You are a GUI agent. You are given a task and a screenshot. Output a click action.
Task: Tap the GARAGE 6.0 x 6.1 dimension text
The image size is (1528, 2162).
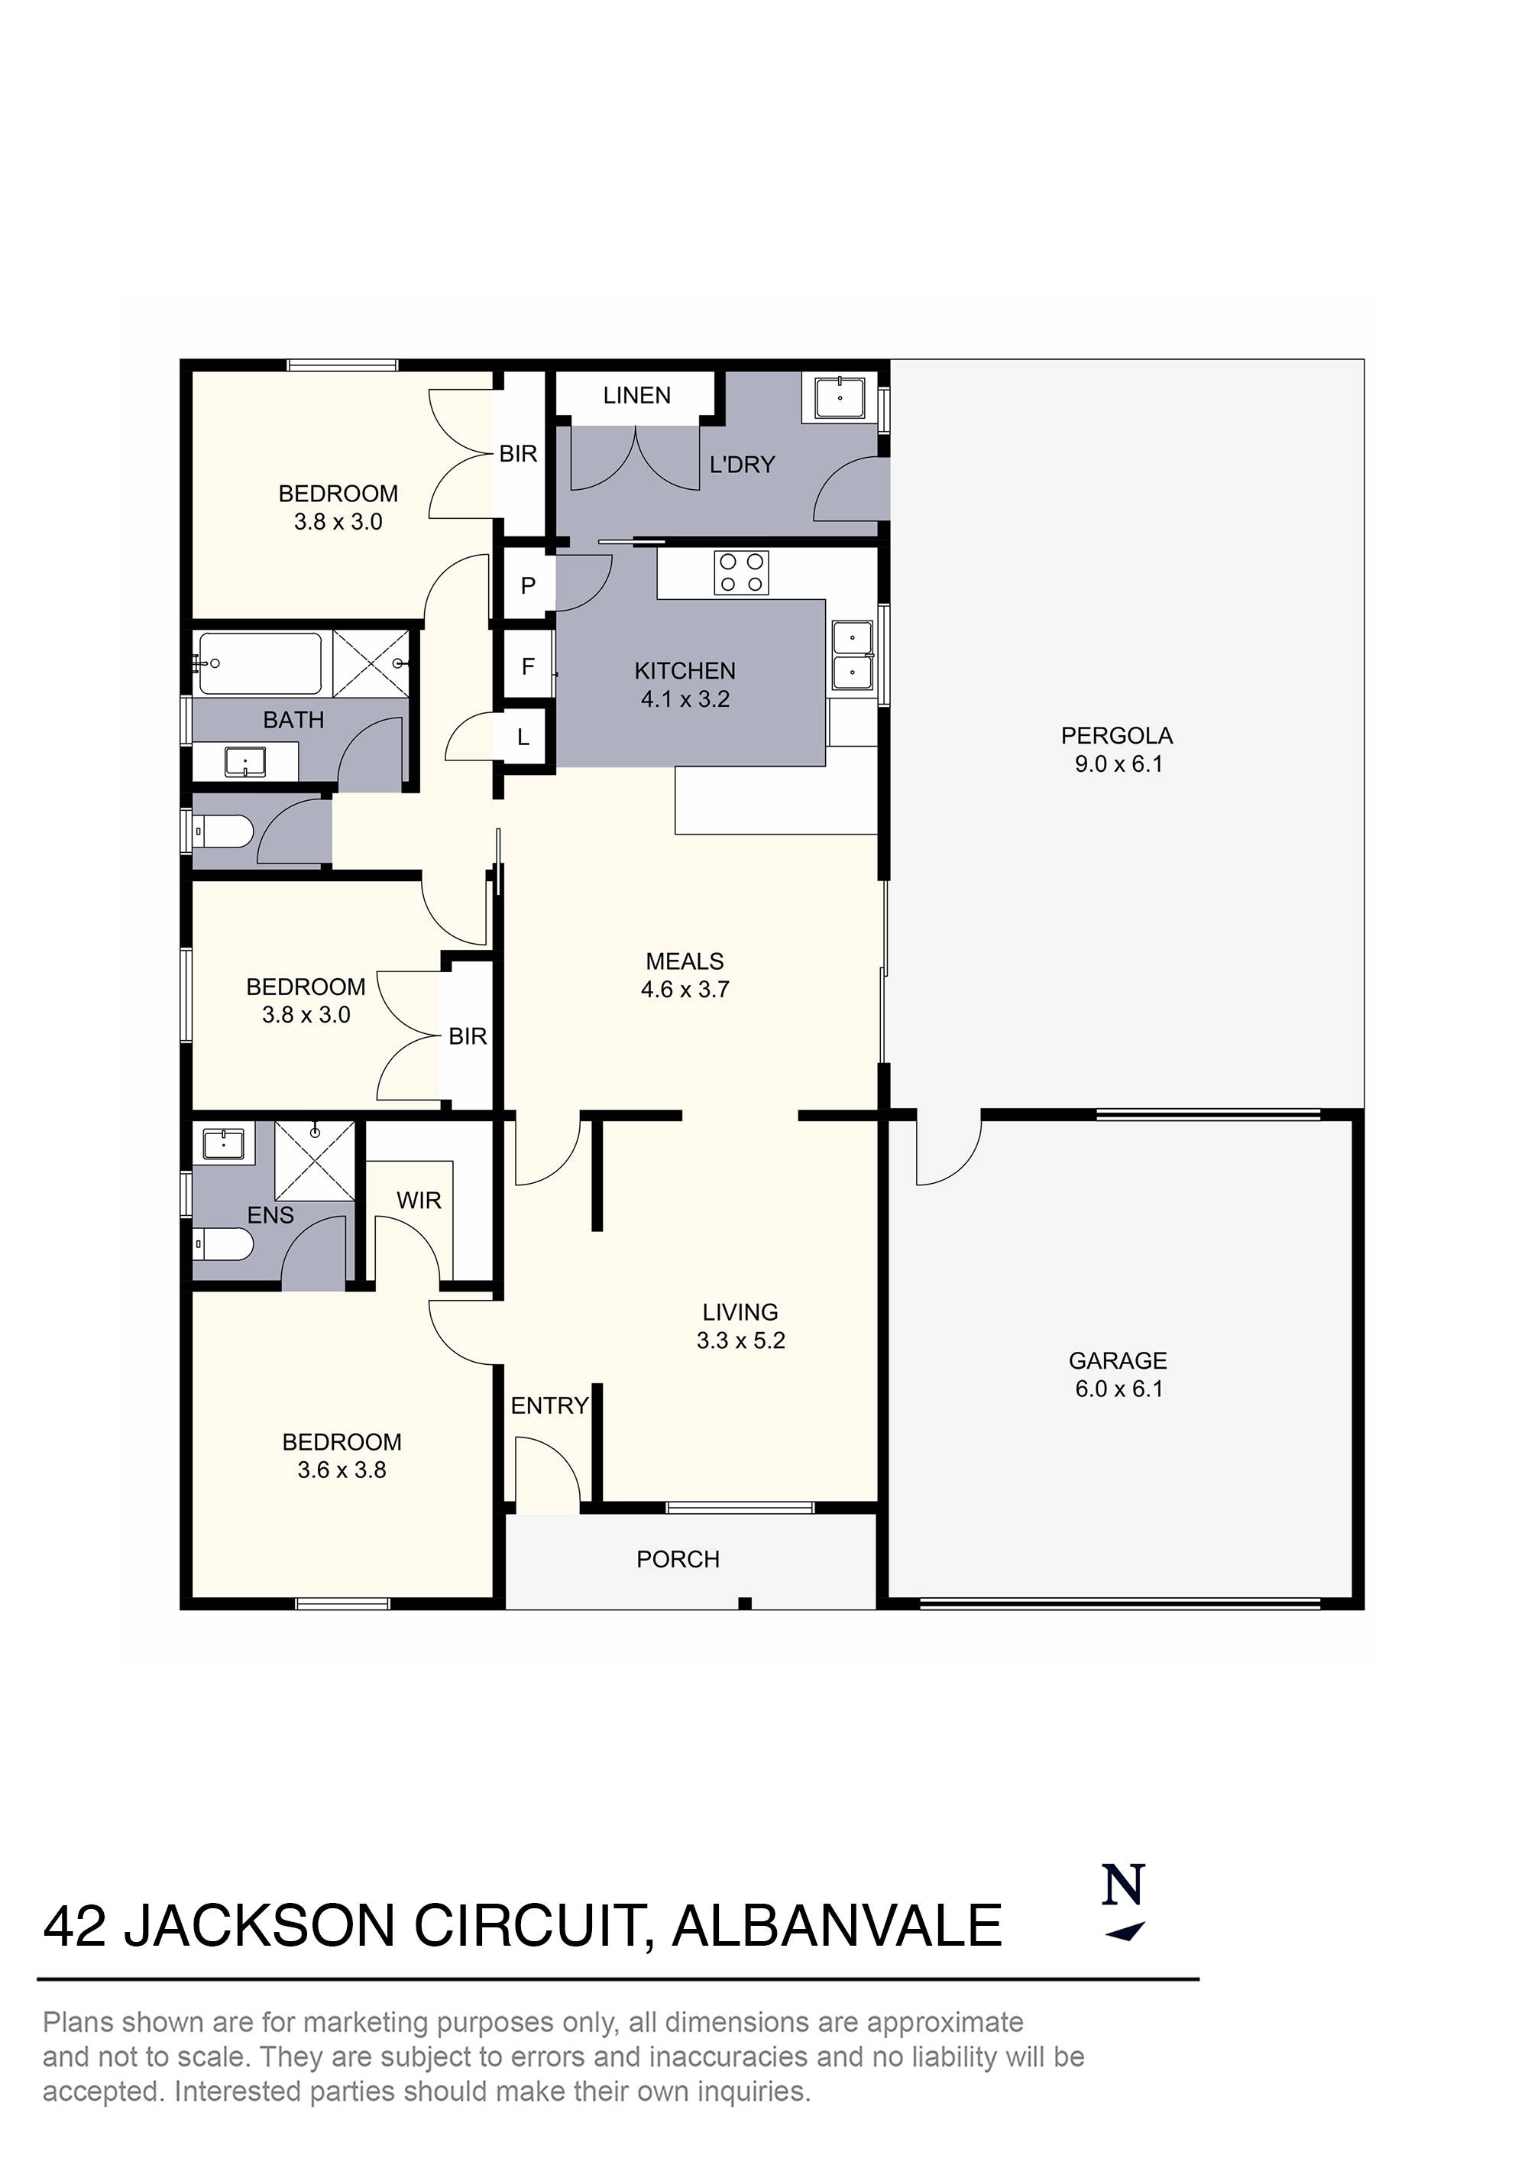[1118, 1389]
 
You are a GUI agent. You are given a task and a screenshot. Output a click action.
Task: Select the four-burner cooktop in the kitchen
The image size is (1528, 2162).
[741, 572]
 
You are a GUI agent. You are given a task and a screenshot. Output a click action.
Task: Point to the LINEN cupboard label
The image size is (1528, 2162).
[636, 396]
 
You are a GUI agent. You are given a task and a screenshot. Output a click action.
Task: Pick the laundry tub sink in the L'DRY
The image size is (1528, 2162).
[839, 397]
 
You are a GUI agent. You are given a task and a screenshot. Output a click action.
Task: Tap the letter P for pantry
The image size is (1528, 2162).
[528, 585]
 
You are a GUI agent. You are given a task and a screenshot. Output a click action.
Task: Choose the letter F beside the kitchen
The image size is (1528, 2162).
[528, 666]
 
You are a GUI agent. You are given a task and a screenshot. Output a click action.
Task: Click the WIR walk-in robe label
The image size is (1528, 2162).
[419, 1201]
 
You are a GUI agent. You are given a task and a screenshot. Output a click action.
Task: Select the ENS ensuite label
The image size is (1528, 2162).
[270, 1216]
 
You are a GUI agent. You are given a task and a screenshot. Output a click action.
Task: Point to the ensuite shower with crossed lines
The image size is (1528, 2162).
[315, 1160]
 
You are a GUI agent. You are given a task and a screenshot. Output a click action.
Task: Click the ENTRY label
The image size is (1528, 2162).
[550, 1406]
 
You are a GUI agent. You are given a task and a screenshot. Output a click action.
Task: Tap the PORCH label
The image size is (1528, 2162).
[678, 1559]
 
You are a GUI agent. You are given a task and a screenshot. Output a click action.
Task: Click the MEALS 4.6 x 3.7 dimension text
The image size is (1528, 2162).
[685, 990]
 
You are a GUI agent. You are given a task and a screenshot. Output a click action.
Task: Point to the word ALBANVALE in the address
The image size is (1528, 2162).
[837, 1927]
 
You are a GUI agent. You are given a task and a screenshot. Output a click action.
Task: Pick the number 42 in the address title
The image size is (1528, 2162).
[76, 1927]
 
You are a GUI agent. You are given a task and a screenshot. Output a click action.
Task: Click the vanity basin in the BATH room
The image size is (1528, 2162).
[244, 760]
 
